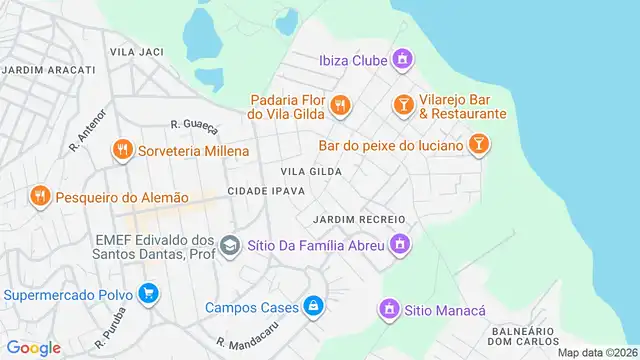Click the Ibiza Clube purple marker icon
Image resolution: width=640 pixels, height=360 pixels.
pyautogui.click(x=402, y=60)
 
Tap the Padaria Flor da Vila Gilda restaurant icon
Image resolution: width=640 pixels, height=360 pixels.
pyautogui.click(x=340, y=103)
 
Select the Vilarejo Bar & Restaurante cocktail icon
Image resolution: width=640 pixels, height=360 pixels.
pyautogui.click(x=402, y=104)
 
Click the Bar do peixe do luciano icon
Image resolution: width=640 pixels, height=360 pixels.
pyautogui.click(x=480, y=146)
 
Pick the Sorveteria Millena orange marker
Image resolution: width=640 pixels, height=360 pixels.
pyautogui.click(x=122, y=149)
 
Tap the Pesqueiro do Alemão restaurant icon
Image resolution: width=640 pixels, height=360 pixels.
pyautogui.click(x=40, y=196)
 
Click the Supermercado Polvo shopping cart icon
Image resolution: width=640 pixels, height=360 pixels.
pyautogui.click(x=149, y=294)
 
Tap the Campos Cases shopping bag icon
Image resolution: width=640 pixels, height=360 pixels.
pyautogui.click(x=314, y=305)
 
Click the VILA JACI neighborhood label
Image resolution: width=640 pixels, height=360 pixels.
pyautogui.click(x=137, y=50)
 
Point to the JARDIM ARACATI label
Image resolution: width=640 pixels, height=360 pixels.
pyautogui.click(x=48, y=69)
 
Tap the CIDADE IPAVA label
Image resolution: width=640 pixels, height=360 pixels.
pyautogui.click(x=266, y=191)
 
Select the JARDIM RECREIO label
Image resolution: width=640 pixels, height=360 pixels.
pyautogui.click(x=358, y=219)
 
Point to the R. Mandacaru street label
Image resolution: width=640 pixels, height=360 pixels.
pyautogui.click(x=245, y=336)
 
